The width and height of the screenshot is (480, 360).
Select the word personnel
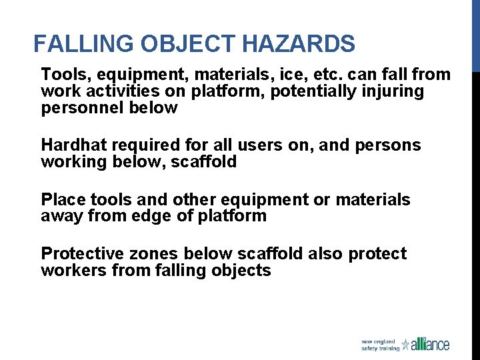point(75,107)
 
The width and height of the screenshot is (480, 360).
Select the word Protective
point(80,254)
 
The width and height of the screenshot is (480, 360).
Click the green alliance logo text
point(430,345)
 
